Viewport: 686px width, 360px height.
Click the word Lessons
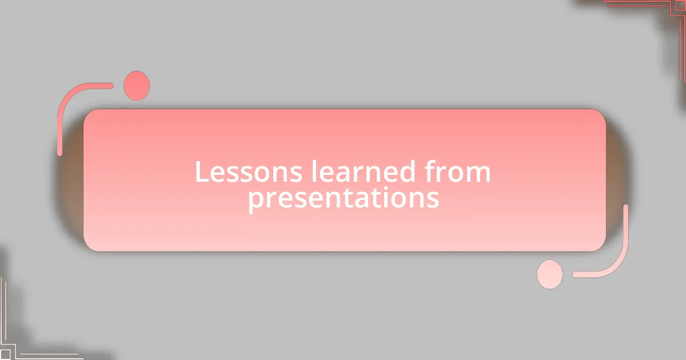point(248,171)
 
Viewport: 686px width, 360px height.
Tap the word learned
point(363,171)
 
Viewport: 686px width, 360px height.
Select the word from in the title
point(457,171)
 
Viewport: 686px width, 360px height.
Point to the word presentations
point(344,198)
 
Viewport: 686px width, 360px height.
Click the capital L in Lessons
point(202,171)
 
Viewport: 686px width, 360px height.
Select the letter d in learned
point(406,171)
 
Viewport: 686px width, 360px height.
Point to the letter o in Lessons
point(270,174)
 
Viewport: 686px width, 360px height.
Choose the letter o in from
point(456,174)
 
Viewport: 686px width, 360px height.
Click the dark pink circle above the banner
point(137,86)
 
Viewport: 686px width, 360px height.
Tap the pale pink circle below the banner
point(550,274)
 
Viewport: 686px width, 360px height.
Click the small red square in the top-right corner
point(680,5)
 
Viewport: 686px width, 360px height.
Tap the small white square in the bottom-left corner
point(5,354)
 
